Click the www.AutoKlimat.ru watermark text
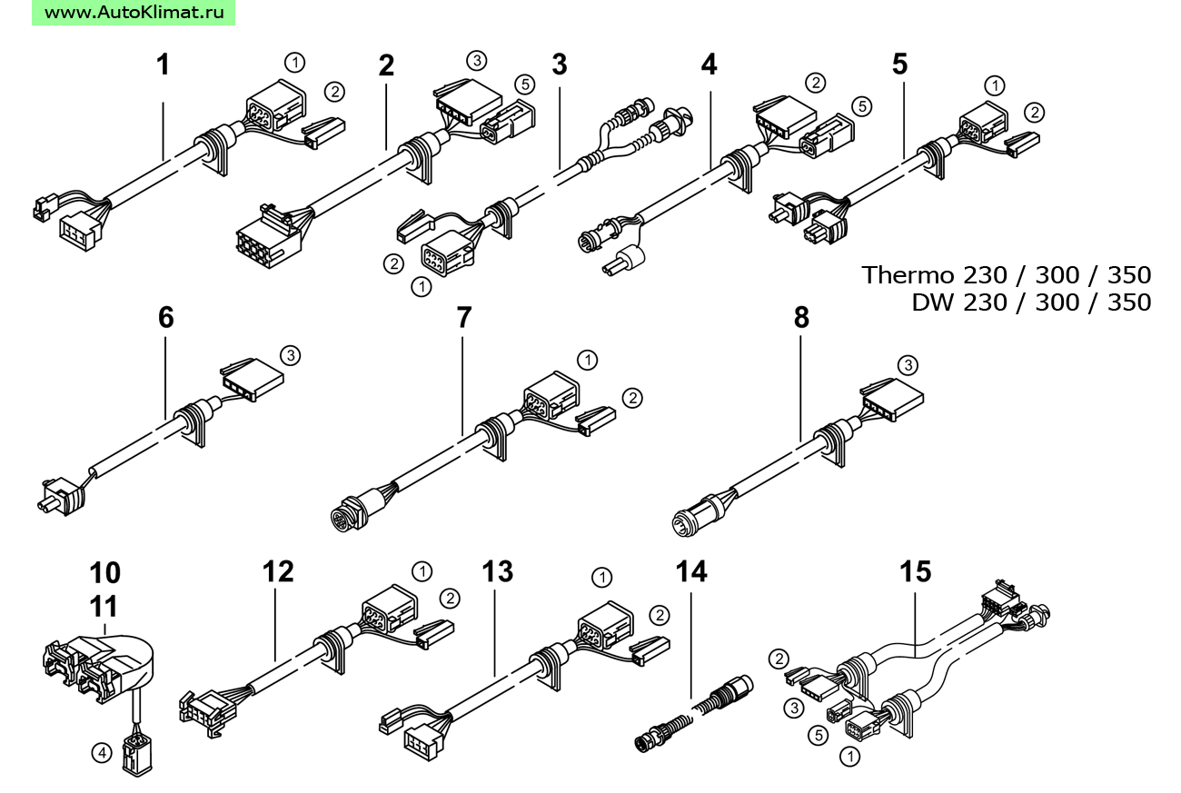(133, 13)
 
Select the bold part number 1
(163, 65)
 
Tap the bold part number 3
(559, 65)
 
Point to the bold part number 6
(165, 318)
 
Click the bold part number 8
(800, 318)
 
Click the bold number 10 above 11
(104, 573)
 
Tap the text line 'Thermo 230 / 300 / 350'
(1006, 274)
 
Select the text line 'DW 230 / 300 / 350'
(1031, 302)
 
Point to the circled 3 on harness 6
(290, 355)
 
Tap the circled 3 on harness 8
(908, 366)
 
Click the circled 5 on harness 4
(861, 106)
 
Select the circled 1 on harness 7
(588, 360)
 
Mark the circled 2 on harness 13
(658, 614)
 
